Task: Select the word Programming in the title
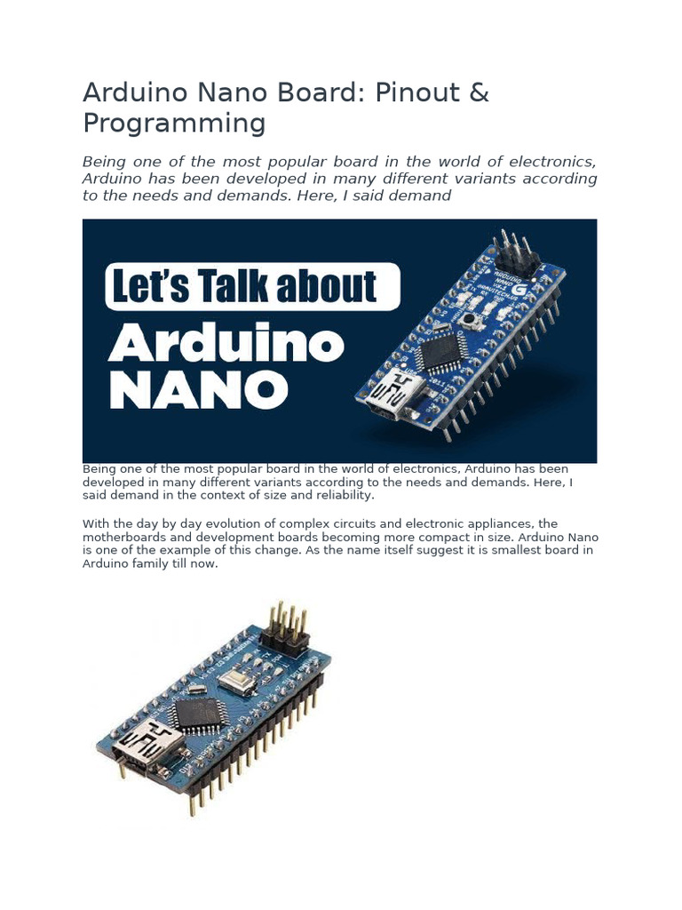point(174,123)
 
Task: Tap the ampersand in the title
point(477,93)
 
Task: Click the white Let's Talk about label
point(252,288)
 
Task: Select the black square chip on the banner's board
point(444,353)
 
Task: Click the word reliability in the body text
point(344,495)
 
